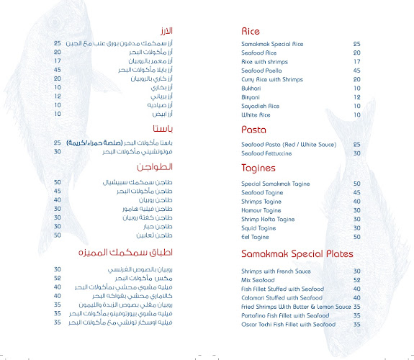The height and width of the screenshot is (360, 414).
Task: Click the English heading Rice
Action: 251,31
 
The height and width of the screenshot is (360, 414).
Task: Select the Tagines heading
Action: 258,168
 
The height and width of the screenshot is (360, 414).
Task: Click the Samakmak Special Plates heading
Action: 297,254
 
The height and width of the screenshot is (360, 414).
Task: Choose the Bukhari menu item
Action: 251,87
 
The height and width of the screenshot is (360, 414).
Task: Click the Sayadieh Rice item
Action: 261,105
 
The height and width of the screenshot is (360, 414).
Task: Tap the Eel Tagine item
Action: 256,236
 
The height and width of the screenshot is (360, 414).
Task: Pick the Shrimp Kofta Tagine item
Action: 268,219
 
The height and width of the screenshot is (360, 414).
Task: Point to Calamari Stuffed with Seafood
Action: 283,297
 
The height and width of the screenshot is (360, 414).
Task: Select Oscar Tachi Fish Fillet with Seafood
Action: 288,324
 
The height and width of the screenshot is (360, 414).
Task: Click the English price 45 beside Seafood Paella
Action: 356,70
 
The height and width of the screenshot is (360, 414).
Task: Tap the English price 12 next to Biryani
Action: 356,96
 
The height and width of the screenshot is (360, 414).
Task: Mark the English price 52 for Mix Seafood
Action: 356,280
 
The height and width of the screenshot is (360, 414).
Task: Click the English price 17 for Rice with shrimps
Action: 356,61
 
